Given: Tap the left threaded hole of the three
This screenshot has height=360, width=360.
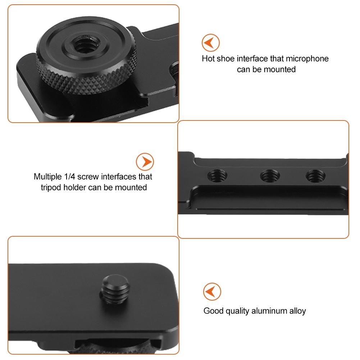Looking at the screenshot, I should click(x=218, y=176).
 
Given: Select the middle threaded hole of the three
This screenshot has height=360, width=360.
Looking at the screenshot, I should click(x=270, y=176).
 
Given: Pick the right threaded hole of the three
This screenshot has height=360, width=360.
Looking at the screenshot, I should click(x=315, y=176).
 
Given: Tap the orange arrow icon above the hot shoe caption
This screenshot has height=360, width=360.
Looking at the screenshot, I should click(x=211, y=43).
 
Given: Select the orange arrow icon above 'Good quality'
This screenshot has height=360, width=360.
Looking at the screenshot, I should click(x=212, y=291).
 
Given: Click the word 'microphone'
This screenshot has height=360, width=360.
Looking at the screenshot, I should click(x=307, y=59).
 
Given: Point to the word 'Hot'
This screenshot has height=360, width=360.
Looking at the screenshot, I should click(x=208, y=59).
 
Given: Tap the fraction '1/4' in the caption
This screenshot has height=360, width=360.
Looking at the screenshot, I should click(x=70, y=177).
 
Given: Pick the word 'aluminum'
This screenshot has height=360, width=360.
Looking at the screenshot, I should click(x=267, y=311).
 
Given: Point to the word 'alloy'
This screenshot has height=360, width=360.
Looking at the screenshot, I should click(x=297, y=311).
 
